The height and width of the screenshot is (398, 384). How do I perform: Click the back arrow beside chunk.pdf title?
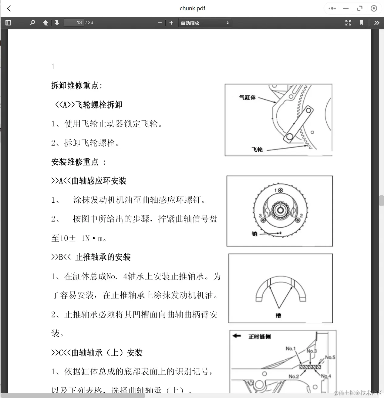(9, 9)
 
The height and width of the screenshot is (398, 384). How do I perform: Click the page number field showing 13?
(74, 22)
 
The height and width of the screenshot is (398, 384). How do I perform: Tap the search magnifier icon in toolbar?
(32, 22)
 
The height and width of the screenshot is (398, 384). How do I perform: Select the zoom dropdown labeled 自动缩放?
(205, 23)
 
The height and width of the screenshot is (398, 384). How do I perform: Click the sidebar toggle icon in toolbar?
(8, 22)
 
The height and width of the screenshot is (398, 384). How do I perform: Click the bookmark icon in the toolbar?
(361, 23)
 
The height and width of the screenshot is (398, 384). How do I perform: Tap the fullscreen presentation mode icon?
(348, 23)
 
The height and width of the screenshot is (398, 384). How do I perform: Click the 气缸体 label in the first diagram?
(247, 97)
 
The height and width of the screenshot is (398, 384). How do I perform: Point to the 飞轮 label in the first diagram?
(257, 149)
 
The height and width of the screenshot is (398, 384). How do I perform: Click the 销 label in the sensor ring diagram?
(254, 233)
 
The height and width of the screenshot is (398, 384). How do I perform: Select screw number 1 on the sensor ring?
(281, 190)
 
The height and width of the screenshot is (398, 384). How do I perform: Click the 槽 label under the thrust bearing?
(278, 315)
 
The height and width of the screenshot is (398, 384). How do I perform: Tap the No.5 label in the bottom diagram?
(330, 357)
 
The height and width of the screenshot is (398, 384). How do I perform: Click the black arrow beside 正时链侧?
(237, 336)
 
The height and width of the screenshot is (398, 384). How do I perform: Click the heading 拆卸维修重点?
(77, 86)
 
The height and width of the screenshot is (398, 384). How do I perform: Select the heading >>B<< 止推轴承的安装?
(91, 257)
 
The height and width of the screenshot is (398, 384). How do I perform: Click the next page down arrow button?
(57, 23)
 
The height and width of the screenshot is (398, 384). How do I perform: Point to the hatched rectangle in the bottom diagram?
(310, 367)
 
